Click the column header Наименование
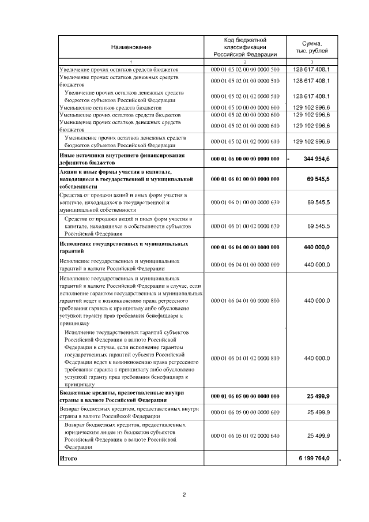click(131, 47)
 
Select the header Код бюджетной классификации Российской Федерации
click(245, 46)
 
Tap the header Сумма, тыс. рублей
click(311, 47)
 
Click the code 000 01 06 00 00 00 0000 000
click(245, 159)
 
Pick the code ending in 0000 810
click(245, 358)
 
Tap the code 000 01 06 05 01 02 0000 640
click(245, 435)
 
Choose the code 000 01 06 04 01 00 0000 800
click(245, 301)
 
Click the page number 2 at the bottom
click(184, 495)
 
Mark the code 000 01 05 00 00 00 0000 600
click(245, 107)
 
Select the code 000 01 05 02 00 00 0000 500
click(245, 69)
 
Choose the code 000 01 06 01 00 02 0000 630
click(245, 226)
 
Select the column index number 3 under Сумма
click(311, 62)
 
